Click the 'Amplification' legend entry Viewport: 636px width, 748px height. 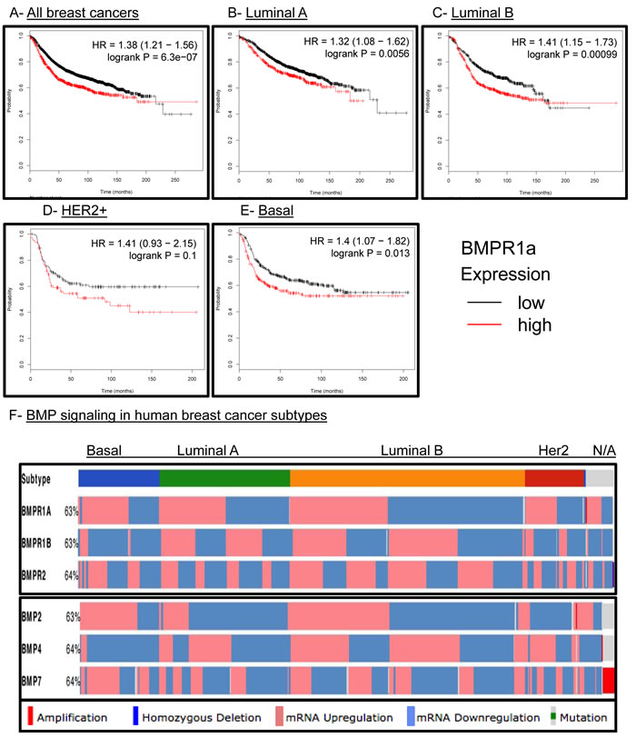(67, 718)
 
